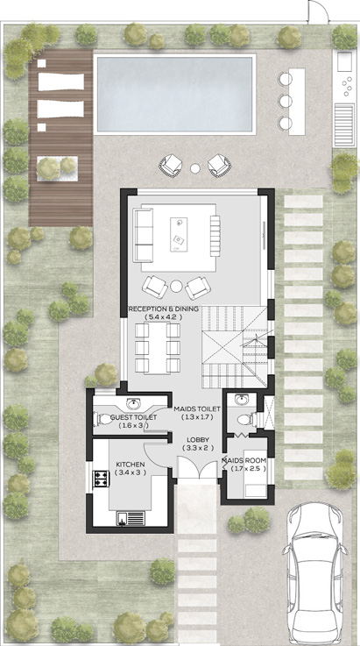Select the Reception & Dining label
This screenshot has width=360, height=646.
164,313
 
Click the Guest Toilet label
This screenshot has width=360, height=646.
134,422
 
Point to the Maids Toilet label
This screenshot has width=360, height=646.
197,413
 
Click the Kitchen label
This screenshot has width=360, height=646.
130,469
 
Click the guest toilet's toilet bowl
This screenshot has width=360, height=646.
104,417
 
